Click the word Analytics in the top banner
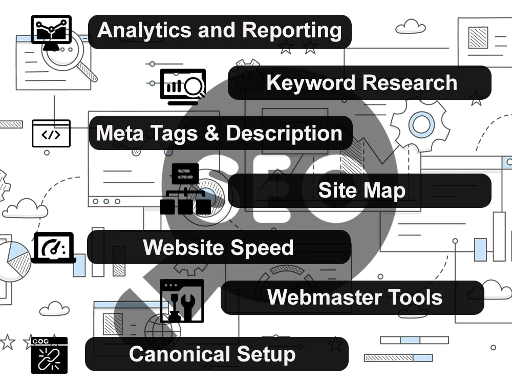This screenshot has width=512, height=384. (x=144, y=30)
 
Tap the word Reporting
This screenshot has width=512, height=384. (x=292, y=31)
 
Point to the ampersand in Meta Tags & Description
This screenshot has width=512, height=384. (x=212, y=133)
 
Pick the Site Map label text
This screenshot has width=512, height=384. (x=362, y=190)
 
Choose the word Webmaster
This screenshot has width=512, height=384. (x=325, y=297)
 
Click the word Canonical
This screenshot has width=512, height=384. (x=180, y=354)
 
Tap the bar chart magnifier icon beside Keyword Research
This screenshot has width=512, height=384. (x=183, y=87)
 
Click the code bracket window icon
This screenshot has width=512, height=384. (x=51, y=134)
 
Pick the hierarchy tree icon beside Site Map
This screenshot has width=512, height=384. (x=185, y=189)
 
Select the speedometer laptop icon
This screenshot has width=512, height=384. (x=54, y=248)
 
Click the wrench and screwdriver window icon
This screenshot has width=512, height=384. (x=182, y=301)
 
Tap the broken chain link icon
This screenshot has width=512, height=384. (x=49, y=355)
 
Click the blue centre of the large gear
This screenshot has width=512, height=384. (x=421, y=124)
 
